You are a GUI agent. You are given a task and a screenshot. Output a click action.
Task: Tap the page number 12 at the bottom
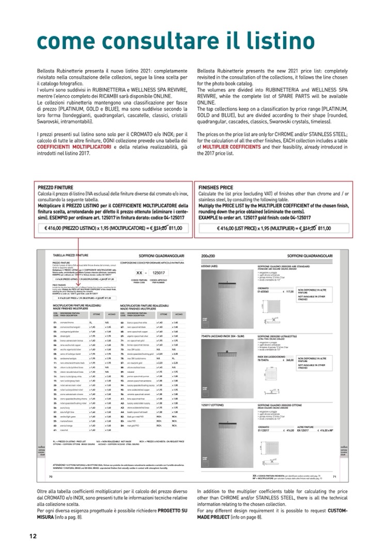[33, 536]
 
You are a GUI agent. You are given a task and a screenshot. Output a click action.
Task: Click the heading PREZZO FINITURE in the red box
[56, 187]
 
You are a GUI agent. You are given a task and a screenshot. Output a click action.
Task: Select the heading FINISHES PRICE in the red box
[216, 187]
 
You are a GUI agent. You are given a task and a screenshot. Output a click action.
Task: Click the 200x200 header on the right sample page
[208, 256]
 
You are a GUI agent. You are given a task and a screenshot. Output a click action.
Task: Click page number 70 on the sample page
[51, 477]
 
